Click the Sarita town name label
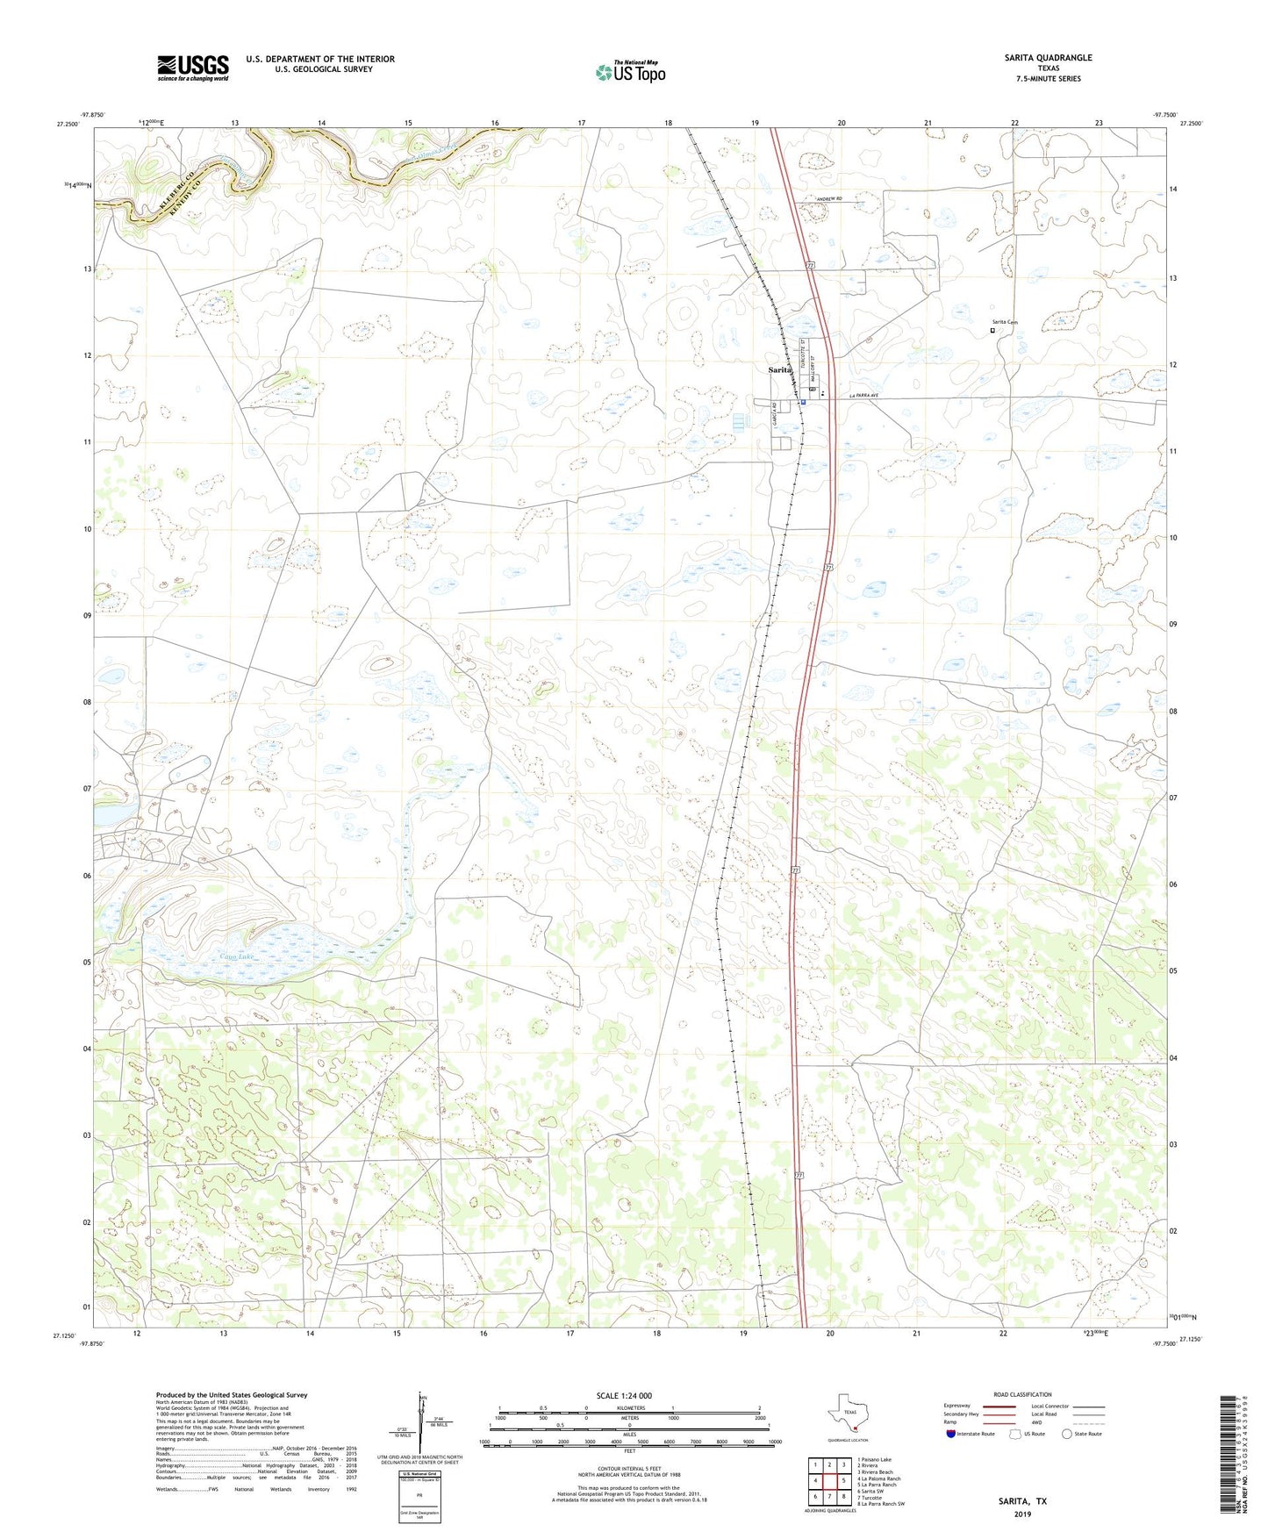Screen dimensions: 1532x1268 (x=779, y=370)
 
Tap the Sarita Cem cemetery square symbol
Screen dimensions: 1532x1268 (x=992, y=331)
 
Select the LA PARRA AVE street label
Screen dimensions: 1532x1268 (x=863, y=397)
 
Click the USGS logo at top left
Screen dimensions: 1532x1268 (x=193, y=68)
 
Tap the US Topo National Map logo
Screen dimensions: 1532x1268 (x=630, y=72)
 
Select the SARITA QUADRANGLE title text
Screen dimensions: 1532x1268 (x=1048, y=58)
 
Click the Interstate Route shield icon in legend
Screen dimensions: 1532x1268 (x=950, y=1434)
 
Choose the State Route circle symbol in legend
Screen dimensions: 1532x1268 (x=1067, y=1434)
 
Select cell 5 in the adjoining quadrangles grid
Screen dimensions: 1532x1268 (x=843, y=1480)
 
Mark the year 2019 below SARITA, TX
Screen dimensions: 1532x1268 (x=1022, y=1514)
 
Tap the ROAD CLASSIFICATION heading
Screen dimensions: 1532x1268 (x=1021, y=1394)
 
